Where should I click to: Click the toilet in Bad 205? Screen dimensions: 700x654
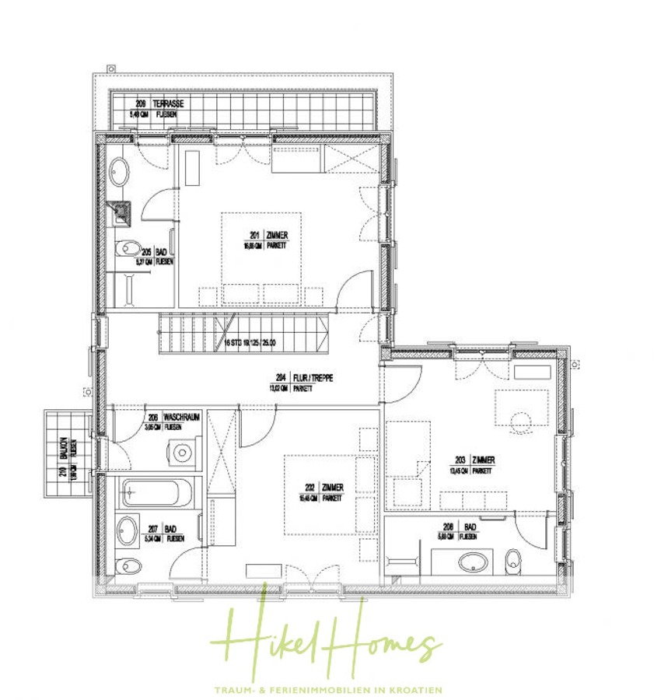tap(124, 249)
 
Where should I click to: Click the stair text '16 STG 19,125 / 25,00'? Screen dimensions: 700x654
tap(249, 341)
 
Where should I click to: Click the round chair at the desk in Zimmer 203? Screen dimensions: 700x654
tap(519, 422)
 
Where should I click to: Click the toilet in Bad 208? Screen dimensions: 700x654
tap(512, 558)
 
